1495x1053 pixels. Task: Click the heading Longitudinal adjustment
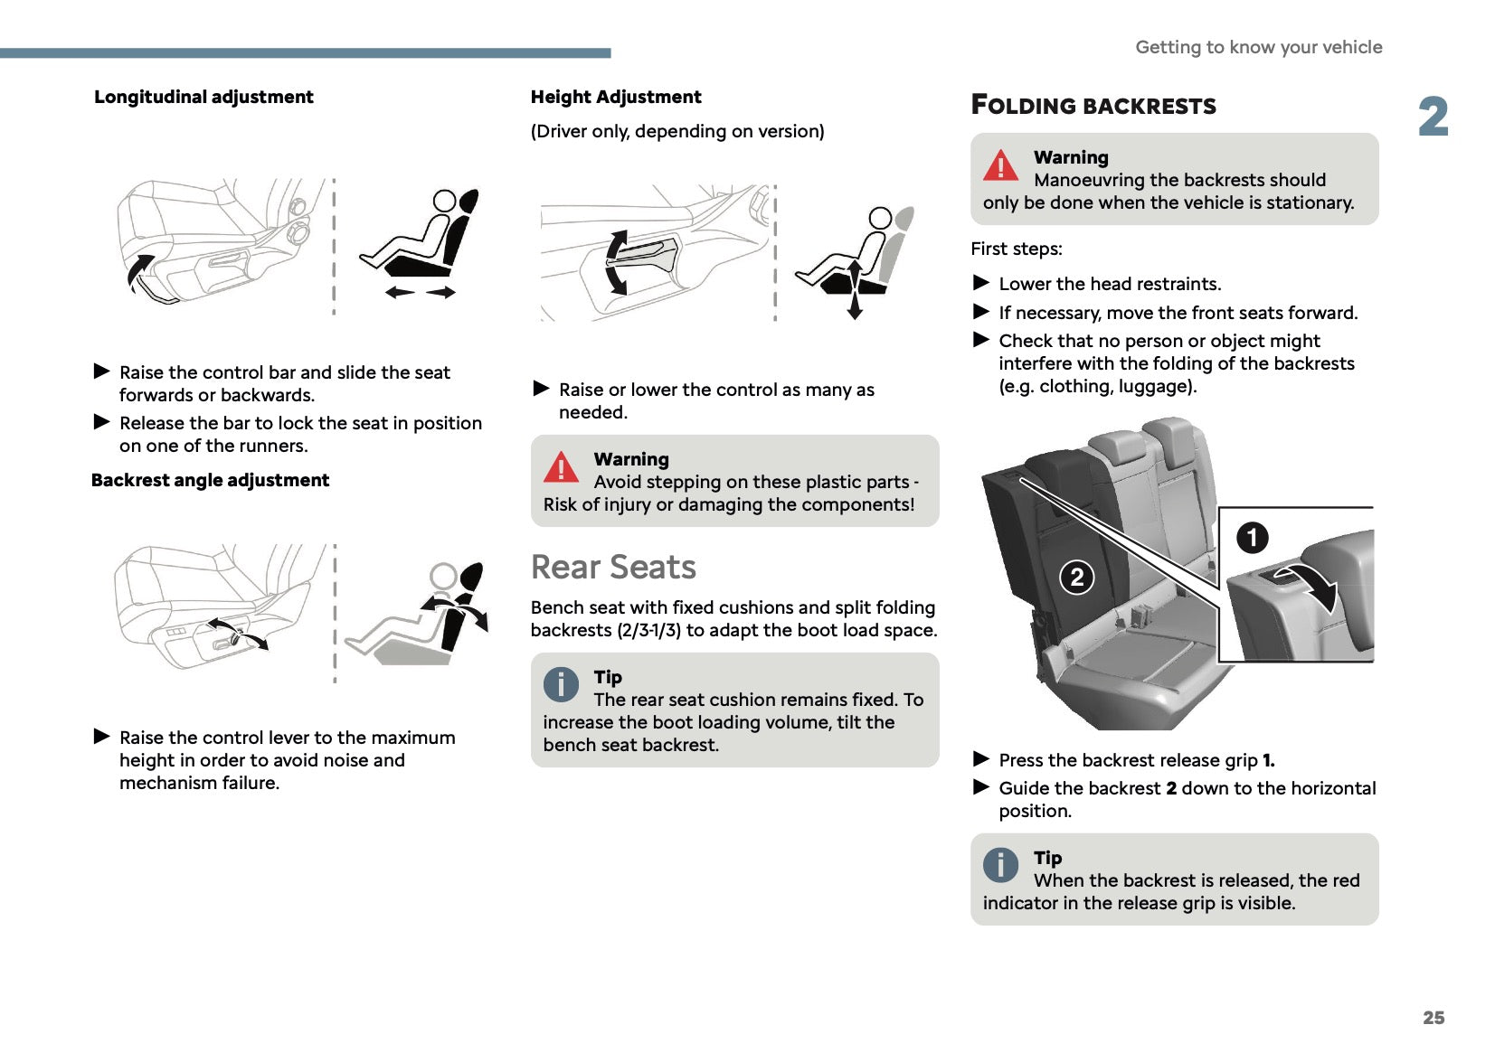[203, 97]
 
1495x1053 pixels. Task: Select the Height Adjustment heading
[615, 97]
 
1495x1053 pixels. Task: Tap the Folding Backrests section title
[1093, 106]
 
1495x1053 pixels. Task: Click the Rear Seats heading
[613, 567]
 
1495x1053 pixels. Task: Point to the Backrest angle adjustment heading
[210, 480]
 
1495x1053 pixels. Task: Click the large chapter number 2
[1433, 118]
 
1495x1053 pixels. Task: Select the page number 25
[1433, 1018]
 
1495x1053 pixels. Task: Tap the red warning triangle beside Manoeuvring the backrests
[1000, 165]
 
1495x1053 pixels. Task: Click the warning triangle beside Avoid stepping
[561, 467]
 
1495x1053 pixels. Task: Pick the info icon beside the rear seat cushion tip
[561, 684]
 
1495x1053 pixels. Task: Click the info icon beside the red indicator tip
[1000, 865]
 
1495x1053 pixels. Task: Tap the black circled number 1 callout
[1252, 538]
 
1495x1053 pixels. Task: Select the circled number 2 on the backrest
[1076, 577]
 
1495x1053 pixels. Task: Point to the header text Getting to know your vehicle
[1258, 47]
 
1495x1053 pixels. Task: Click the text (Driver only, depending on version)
[677, 131]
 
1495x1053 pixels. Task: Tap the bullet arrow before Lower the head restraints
[981, 283]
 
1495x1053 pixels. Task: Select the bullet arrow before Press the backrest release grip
[981, 758]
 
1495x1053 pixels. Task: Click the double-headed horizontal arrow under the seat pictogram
[421, 292]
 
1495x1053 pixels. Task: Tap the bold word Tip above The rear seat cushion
[608, 677]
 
